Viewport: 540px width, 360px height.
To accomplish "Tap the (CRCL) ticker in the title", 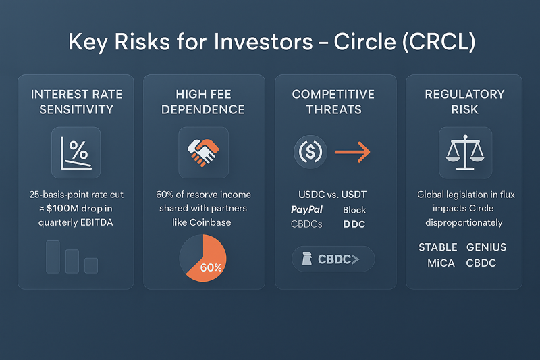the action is [x=439, y=42].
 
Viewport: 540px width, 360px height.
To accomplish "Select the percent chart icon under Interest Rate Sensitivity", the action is [x=76, y=153].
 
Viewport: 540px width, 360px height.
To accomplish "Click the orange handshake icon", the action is [x=203, y=153].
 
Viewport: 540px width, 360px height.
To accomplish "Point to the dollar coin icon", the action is [x=310, y=151].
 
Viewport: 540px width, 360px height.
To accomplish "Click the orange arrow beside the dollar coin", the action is [x=352, y=151].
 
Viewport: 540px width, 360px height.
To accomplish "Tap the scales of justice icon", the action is [x=465, y=152].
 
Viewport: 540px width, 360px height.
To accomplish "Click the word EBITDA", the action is [x=97, y=222].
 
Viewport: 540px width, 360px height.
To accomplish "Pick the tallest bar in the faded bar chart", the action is [x=53, y=257].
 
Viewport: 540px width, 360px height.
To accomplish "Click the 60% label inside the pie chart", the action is [x=211, y=267].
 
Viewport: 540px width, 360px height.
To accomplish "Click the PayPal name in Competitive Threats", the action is [x=306, y=210].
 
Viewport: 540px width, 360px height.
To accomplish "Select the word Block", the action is [x=354, y=210].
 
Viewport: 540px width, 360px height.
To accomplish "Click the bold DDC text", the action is [x=354, y=224].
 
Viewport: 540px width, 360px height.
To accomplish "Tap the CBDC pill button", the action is [x=333, y=259].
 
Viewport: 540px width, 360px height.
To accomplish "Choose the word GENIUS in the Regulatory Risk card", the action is [x=486, y=247].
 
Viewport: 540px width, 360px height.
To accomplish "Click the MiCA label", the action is [x=441, y=263].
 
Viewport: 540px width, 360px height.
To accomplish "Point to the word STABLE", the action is [x=437, y=247].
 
